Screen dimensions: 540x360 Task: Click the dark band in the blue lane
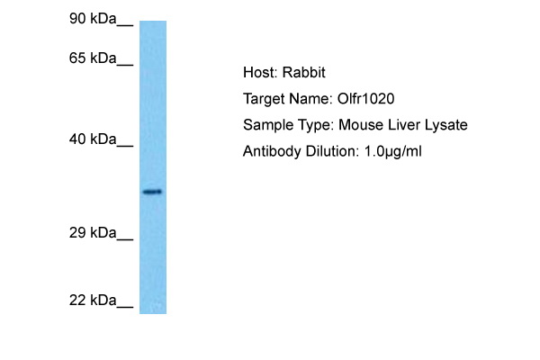[x=153, y=192]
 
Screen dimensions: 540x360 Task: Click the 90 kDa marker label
[x=93, y=18]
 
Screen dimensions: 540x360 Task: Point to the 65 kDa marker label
[x=93, y=58]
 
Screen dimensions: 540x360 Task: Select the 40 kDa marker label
[x=93, y=139]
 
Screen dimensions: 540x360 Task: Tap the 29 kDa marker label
[x=93, y=233]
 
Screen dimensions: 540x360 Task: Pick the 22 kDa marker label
[x=93, y=301]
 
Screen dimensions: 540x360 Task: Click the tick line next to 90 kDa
[x=125, y=25]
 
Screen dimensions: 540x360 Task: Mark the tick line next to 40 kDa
[x=125, y=146]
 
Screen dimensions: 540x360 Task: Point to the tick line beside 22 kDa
[x=125, y=307]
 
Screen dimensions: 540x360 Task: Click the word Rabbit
[x=304, y=73]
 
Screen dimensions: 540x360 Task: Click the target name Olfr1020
[x=365, y=99]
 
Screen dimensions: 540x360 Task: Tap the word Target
[x=264, y=100]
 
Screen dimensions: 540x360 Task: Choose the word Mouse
[x=361, y=125]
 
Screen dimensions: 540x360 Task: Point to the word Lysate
[x=446, y=126]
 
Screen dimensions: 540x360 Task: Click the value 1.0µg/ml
[x=392, y=152]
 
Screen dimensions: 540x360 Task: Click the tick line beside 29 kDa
[x=125, y=239]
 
